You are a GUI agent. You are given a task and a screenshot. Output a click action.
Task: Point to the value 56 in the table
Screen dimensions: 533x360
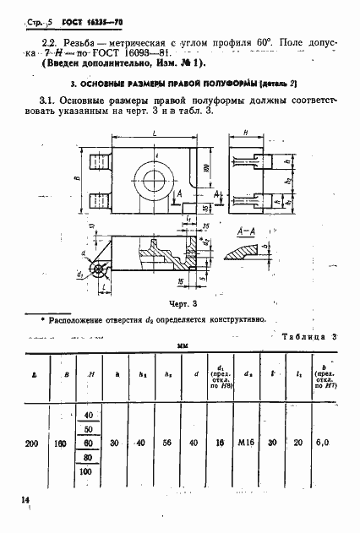(168, 441)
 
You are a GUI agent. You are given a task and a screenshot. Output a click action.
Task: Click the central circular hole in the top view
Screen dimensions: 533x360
(156, 179)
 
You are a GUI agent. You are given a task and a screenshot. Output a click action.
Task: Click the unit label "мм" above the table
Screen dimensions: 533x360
(181, 345)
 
